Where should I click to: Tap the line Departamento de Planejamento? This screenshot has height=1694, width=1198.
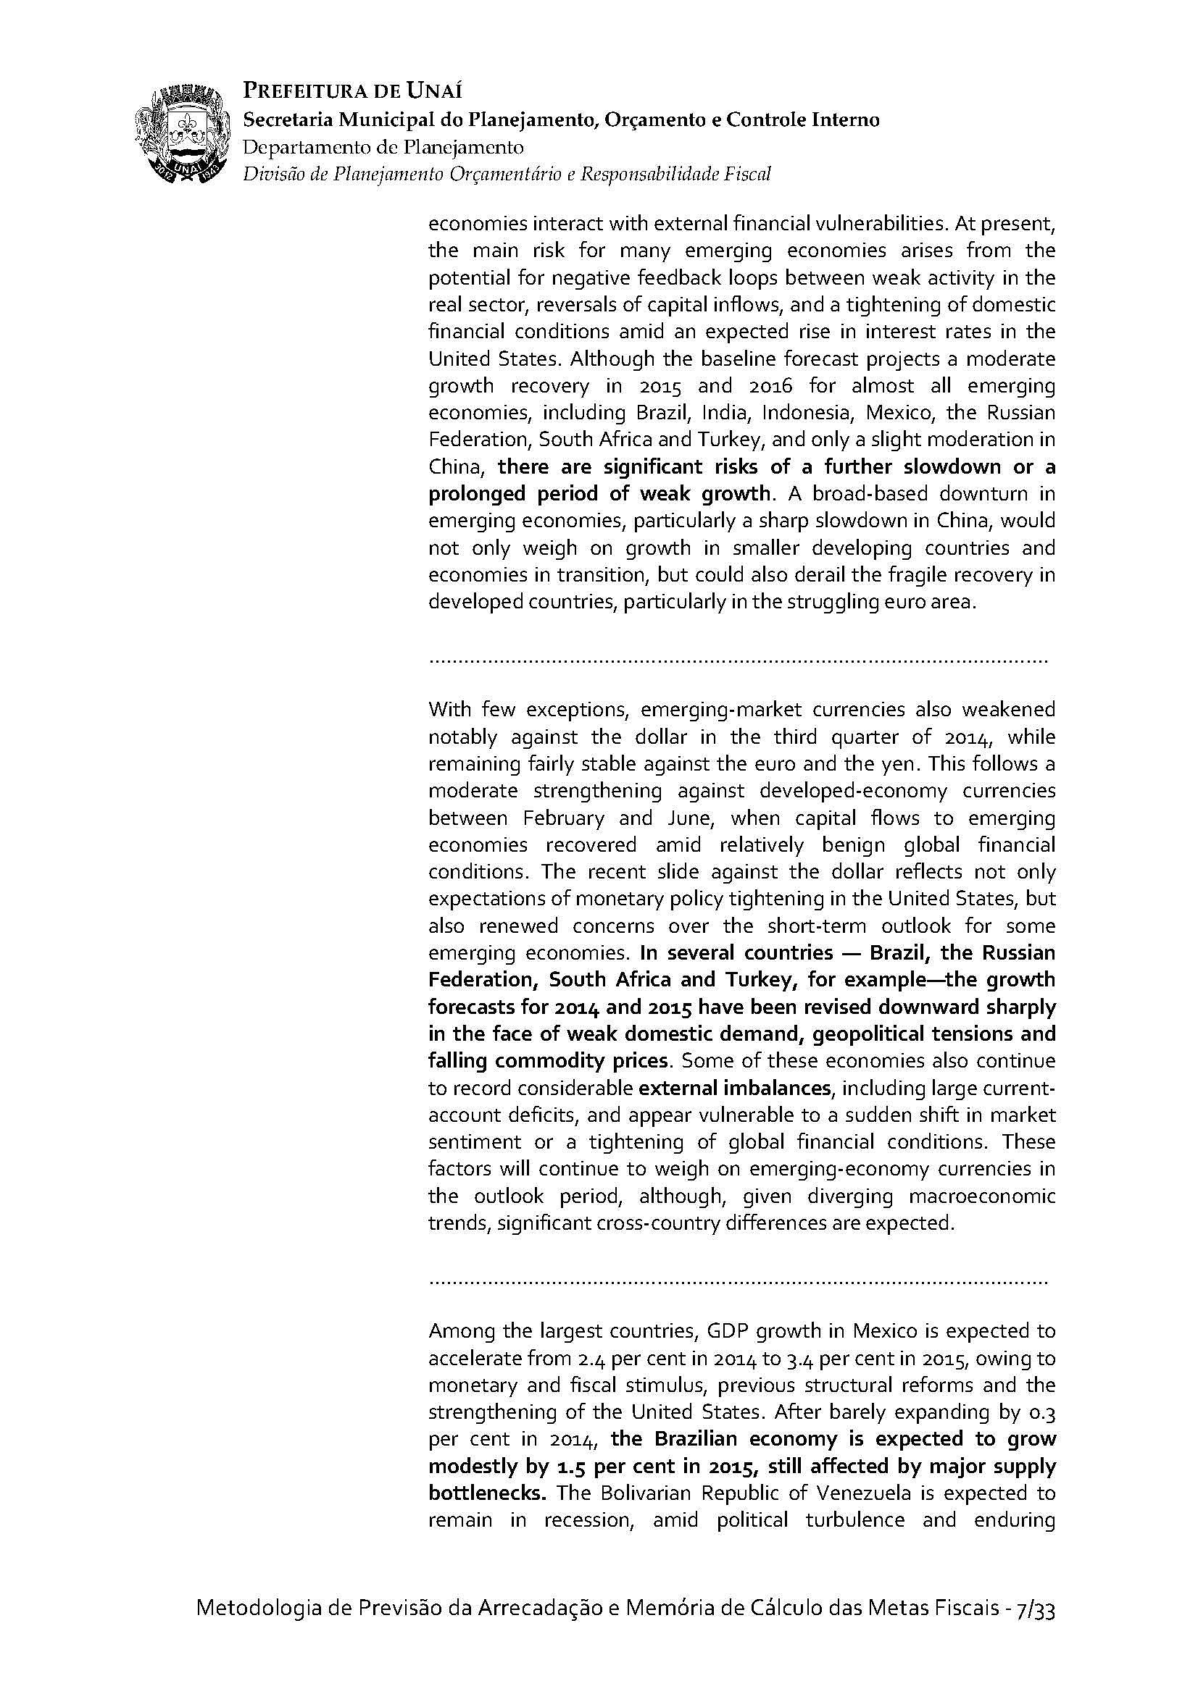tap(383, 147)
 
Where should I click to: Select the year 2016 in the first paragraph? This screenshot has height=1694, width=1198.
tap(762, 385)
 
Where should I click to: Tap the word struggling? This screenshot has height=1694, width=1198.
tap(834, 602)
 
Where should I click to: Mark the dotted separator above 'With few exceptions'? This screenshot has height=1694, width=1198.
tap(738, 659)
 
